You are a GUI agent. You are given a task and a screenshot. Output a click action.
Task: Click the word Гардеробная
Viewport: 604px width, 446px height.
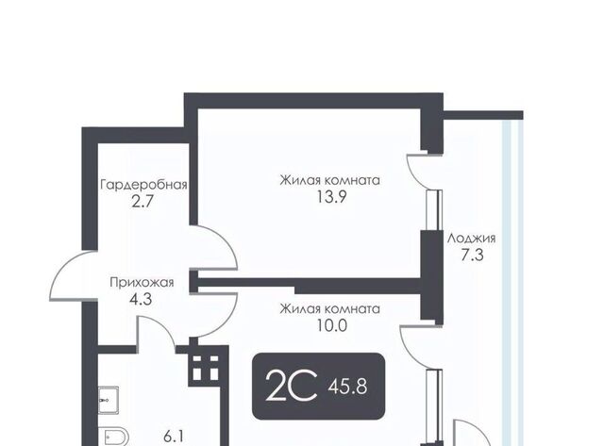(143, 185)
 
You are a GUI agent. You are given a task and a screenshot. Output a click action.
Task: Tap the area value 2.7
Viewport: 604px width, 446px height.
(143, 201)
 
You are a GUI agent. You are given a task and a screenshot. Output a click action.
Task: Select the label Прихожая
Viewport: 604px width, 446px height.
(142, 283)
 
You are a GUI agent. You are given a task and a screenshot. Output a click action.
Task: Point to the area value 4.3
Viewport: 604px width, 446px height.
(141, 299)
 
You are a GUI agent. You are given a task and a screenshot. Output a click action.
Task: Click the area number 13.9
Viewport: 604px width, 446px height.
(331, 197)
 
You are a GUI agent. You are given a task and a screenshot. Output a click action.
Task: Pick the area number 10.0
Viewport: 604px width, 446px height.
(331, 325)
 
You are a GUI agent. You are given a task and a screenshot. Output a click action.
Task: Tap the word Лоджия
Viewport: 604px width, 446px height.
(471, 239)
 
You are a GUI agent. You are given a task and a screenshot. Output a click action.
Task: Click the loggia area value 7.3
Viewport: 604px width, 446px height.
(472, 255)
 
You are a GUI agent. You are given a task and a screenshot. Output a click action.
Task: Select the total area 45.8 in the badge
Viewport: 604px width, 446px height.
(347, 386)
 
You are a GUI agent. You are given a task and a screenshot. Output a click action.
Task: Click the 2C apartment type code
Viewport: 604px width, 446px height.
(292, 386)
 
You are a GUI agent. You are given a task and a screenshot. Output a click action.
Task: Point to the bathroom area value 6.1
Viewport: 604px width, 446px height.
(174, 437)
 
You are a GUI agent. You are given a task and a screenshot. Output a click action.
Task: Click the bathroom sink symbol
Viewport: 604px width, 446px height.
(109, 400)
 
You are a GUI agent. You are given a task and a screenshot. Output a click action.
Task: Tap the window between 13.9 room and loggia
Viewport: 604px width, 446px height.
(435, 210)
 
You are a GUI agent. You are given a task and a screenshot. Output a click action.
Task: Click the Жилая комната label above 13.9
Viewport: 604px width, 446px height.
(329, 180)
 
